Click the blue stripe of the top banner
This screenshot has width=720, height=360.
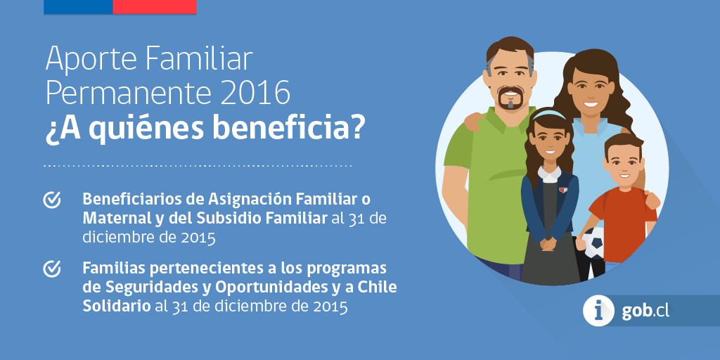[78, 7]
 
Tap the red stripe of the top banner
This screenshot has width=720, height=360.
[155, 7]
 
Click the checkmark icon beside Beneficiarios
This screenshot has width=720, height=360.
[52, 200]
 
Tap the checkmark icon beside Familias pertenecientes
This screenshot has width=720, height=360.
[52, 269]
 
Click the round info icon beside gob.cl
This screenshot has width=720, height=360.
[598, 311]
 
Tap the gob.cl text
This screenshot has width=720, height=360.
[645, 311]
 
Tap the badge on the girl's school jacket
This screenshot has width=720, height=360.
[563, 190]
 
